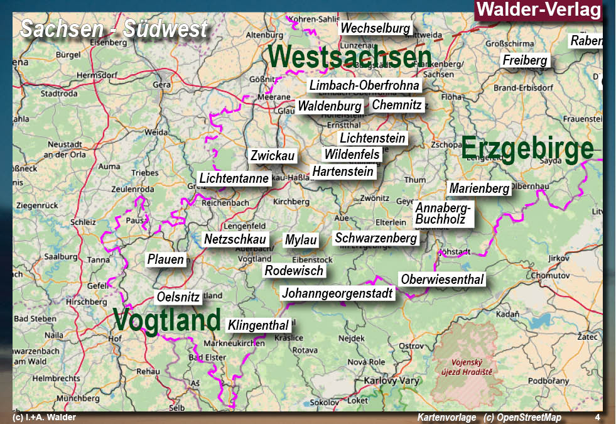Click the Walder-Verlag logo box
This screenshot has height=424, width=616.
click(x=538, y=10)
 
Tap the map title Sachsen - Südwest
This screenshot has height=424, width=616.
click(x=114, y=28)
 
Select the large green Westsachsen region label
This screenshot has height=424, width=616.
click(x=350, y=57)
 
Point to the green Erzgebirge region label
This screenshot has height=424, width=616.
click(x=527, y=149)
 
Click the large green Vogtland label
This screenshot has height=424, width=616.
click(x=167, y=319)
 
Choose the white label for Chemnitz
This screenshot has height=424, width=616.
click(x=397, y=105)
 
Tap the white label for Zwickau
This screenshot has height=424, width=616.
click(x=273, y=156)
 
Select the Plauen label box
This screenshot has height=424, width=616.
click(x=166, y=259)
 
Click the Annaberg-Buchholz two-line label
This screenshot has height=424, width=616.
click(x=443, y=214)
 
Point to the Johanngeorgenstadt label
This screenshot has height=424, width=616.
click(x=337, y=293)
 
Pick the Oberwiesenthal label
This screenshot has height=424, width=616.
click(x=442, y=280)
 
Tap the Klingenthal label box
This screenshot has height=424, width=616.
click(x=259, y=325)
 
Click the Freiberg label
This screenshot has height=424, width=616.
click(x=526, y=61)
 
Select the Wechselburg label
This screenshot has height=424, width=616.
click(x=375, y=28)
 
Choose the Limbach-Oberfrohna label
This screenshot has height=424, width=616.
click(x=364, y=85)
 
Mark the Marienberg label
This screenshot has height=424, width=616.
click(x=479, y=188)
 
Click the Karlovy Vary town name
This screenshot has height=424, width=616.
click(x=392, y=381)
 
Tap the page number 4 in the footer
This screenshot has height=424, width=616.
click(x=597, y=418)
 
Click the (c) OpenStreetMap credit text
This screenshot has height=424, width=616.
click(x=522, y=418)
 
